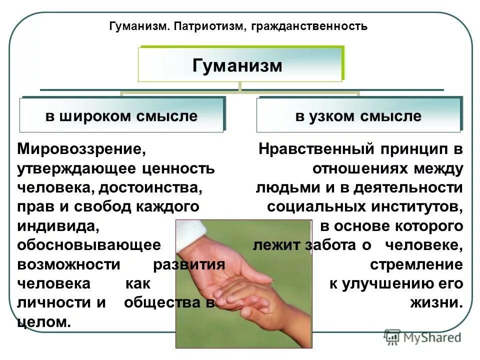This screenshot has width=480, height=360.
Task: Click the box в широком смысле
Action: pyautogui.click(x=121, y=116)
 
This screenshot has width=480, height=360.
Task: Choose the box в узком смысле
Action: pyautogui.click(x=358, y=116)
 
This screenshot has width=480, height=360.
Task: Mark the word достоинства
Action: pyautogui.click(x=150, y=187)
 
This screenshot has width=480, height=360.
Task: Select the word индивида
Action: pyautogui.click(x=57, y=226)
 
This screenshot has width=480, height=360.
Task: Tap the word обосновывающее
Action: pyautogui.click(x=89, y=245)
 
